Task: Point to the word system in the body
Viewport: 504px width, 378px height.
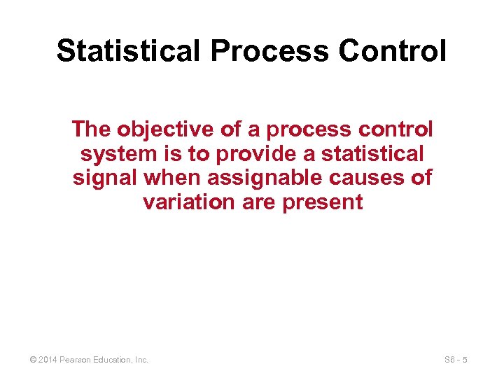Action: (x=114, y=154)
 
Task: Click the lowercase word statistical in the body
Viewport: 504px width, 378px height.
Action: (x=372, y=154)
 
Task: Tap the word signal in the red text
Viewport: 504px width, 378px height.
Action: (x=105, y=178)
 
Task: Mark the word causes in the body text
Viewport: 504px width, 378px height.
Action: (x=369, y=178)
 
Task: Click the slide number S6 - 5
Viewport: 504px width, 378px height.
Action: (x=455, y=360)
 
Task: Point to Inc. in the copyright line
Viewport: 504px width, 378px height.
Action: (x=141, y=360)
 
